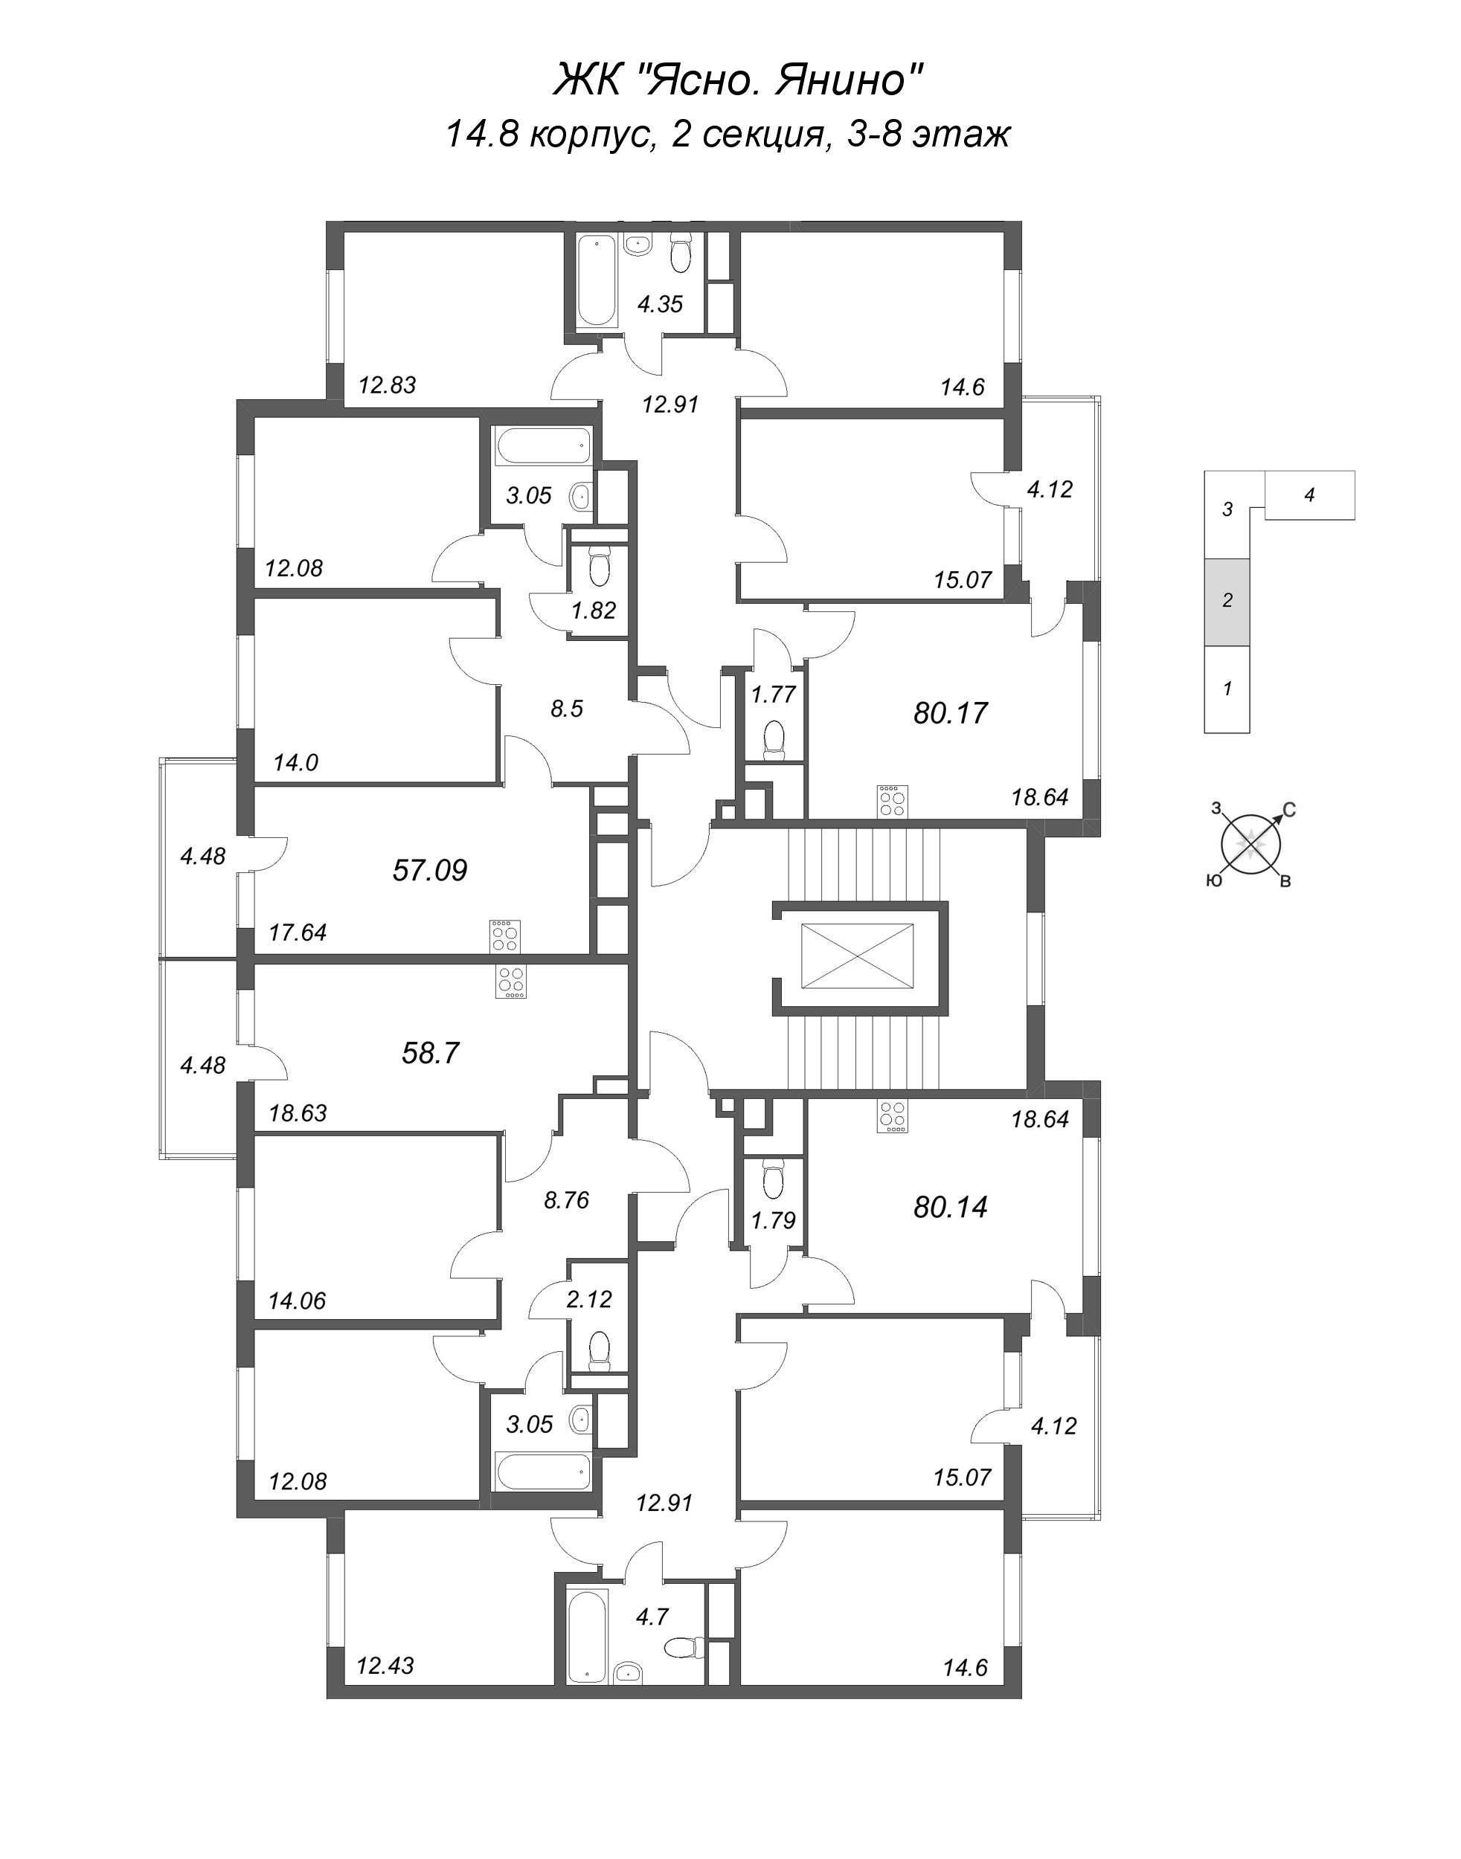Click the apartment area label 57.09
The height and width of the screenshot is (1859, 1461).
coord(430,871)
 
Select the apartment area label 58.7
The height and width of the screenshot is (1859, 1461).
coord(431,1053)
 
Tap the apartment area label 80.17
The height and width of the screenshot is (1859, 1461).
coord(951,712)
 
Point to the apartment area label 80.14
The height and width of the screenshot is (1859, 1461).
coord(951,1207)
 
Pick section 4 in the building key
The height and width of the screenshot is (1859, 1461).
coord(1309,494)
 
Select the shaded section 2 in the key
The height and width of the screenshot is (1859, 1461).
coord(1227,601)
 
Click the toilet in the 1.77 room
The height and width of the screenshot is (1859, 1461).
coord(775,741)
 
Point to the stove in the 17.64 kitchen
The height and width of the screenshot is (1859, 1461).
coord(504,935)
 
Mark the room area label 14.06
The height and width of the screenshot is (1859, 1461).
coord(298,1301)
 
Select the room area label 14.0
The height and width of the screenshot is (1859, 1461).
coord(296,762)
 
